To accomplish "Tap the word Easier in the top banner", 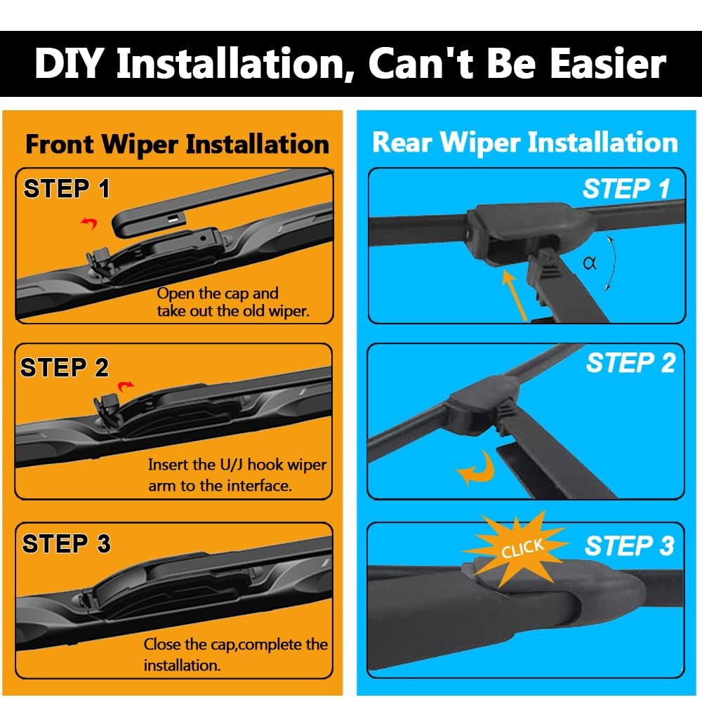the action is pyautogui.click(x=609, y=64).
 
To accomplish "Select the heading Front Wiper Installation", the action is pyautogui.click(x=178, y=145).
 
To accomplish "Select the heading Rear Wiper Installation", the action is pyautogui.click(x=525, y=143).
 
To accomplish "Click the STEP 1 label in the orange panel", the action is pyautogui.click(x=67, y=188).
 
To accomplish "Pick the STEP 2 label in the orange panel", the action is pyautogui.click(x=65, y=367).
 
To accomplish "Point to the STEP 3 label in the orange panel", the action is pyautogui.click(x=66, y=543).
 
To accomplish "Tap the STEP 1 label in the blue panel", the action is pyautogui.click(x=626, y=188).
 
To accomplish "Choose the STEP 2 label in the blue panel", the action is pyautogui.click(x=630, y=363).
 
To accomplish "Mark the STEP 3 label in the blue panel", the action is pyautogui.click(x=629, y=545).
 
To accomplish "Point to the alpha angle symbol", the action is pyautogui.click(x=590, y=263).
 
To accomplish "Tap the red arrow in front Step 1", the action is pyautogui.click(x=89, y=222).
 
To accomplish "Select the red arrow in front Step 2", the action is pyautogui.click(x=126, y=385).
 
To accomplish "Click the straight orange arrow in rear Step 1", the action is pyautogui.click(x=515, y=296).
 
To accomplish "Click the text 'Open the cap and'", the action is pyautogui.click(x=218, y=293).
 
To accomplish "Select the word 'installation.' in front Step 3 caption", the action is pyautogui.click(x=183, y=665).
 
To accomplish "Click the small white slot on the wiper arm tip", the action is pyautogui.click(x=174, y=219).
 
